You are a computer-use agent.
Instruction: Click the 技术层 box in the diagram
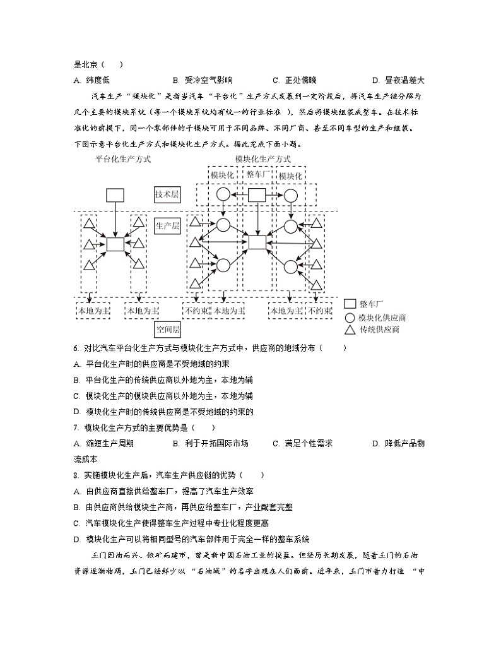(167, 195)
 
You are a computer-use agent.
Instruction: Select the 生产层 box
(167, 225)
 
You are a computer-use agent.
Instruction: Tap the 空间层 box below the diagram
(168, 330)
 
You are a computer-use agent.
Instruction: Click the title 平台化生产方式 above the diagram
(123, 160)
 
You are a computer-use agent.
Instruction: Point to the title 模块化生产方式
(262, 160)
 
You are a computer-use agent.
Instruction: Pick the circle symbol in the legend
(350, 317)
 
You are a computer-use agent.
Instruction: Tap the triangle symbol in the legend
(350, 330)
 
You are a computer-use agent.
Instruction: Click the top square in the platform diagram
(115, 194)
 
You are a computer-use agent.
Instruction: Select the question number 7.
(76, 427)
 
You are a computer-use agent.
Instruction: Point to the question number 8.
(76, 475)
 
